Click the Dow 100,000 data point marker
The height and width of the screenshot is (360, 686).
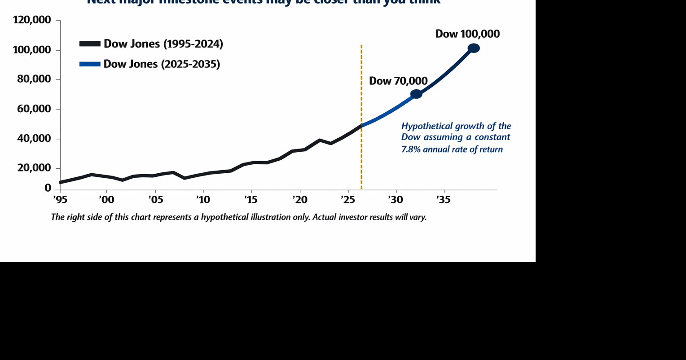pyautogui.click(x=474, y=48)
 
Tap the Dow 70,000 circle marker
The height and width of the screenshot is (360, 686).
pyautogui.click(x=416, y=94)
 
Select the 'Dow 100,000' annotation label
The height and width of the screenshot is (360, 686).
pyautogui.click(x=467, y=34)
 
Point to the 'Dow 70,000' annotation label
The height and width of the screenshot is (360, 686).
pyautogui.click(x=398, y=81)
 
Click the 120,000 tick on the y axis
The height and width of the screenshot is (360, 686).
pyautogui.click(x=32, y=20)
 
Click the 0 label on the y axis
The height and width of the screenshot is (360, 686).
pyautogui.click(x=48, y=188)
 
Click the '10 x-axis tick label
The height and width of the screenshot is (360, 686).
pyautogui.click(x=203, y=199)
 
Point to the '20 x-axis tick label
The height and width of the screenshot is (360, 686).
pyautogui.click(x=299, y=199)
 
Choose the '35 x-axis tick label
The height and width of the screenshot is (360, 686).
pyautogui.click(x=444, y=199)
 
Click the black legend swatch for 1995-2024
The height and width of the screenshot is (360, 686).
pyautogui.click(x=89, y=44)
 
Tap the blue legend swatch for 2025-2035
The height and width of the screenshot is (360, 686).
pyautogui.click(x=89, y=64)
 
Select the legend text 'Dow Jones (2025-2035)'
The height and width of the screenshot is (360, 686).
pyautogui.click(x=162, y=64)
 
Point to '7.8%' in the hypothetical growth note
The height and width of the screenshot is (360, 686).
pyautogui.click(x=411, y=149)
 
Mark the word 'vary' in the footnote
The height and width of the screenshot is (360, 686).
pyautogui.click(x=418, y=217)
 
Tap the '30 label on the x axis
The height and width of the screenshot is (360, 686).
pyautogui.click(x=396, y=199)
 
